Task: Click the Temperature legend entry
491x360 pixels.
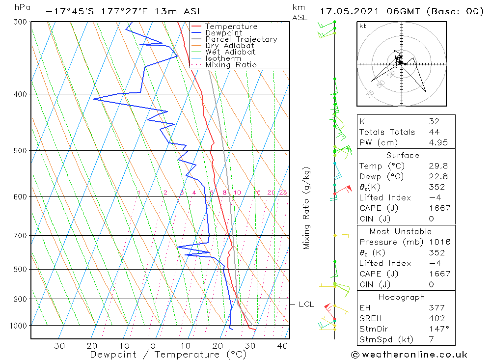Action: [231, 27]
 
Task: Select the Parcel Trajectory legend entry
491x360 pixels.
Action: [241, 39]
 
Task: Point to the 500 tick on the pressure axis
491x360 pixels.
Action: [20, 150]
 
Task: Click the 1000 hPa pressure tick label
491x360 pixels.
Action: [18, 325]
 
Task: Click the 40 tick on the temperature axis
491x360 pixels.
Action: [282, 346]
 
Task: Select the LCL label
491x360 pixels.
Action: [306, 305]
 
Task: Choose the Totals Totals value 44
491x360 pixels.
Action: [434, 132]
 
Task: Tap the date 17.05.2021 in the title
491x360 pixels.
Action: [349, 11]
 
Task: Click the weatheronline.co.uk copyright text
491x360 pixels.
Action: [409, 355]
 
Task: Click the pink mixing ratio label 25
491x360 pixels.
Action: [283, 193]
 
